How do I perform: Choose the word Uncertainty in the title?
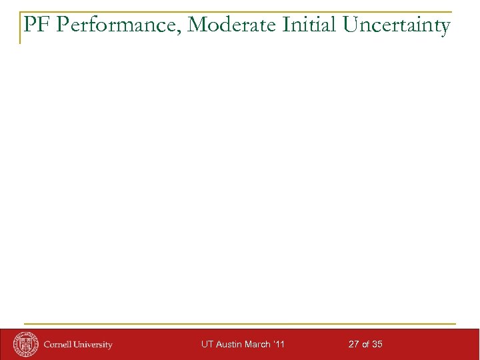(397, 25)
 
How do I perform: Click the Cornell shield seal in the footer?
(25, 344)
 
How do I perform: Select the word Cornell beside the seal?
(59, 345)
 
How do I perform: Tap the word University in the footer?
(93, 345)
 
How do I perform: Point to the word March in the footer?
(257, 345)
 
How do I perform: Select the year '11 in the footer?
(279, 345)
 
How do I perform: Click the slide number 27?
(354, 345)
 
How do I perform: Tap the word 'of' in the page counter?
(366, 345)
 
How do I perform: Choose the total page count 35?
(377, 345)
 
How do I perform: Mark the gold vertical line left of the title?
(20, 28)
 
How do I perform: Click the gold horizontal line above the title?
(233, 12)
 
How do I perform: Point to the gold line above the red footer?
(240, 324)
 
